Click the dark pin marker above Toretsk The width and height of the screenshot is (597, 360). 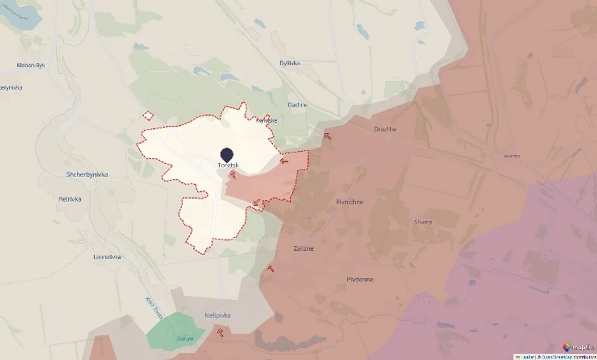(x=227, y=154)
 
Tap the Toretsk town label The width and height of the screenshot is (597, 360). (x=227, y=165)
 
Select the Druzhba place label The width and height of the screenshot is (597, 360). (x=385, y=129)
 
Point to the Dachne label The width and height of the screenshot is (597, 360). (x=297, y=105)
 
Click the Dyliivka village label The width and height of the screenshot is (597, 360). (x=290, y=63)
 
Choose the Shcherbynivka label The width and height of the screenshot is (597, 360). (x=87, y=175)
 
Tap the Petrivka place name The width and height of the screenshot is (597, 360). (x=70, y=199)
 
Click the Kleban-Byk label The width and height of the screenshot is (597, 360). (x=31, y=65)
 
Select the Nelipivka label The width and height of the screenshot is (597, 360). (x=218, y=315)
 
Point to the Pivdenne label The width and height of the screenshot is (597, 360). (x=360, y=279)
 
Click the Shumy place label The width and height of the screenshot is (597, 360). (x=423, y=222)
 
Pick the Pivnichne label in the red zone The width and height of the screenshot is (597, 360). (x=349, y=202)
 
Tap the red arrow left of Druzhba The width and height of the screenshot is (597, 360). (x=328, y=135)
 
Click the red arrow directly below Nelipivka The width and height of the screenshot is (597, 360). (x=220, y=331)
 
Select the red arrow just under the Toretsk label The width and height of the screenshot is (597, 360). (x=232, y=175)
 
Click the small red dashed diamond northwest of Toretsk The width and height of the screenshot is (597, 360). (x=148, y=116)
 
